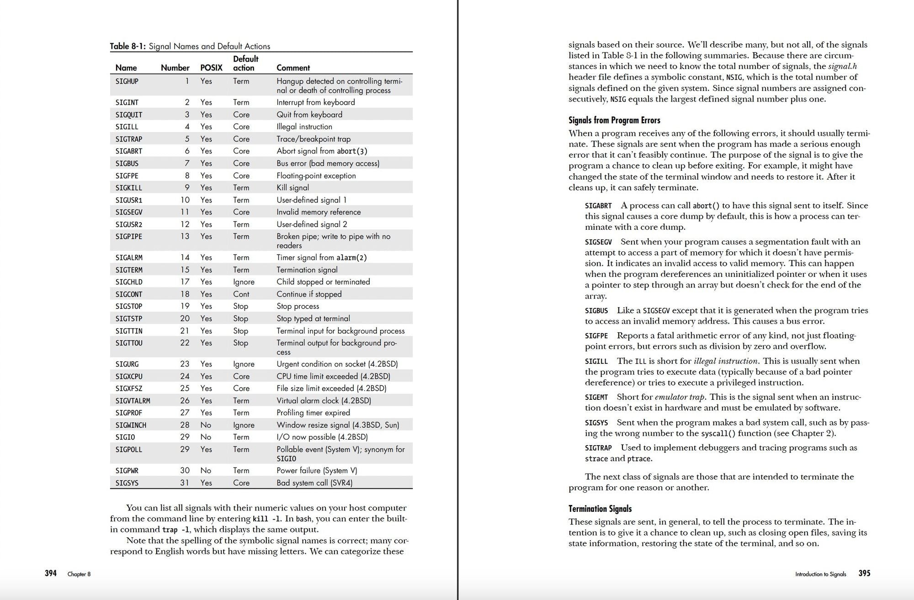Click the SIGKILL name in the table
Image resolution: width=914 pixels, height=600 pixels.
tap(128, 188)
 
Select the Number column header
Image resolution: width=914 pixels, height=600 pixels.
tap(175, 68)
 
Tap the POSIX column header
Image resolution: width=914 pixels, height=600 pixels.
tap(211, 68)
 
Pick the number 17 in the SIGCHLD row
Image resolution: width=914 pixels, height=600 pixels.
tap(185, 282)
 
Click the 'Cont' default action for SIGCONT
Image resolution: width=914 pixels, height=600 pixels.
tap(241, 294)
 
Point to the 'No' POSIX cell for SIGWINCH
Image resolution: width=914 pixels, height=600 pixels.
tap(206, 425)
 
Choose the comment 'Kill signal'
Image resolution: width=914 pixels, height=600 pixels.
tap(292, 188)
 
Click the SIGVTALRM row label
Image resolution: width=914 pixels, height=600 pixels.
tap(133, 401)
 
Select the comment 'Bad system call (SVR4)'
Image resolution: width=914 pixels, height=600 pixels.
tap(314, 483)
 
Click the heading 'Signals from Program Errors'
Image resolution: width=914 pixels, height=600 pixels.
tap(614, 120)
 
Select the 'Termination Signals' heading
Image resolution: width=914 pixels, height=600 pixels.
tap(600, 509)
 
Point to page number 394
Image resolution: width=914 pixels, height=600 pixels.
tap(51, 573)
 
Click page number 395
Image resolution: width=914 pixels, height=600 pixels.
tap(864, 573)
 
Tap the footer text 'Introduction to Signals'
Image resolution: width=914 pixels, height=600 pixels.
tap(820, 574)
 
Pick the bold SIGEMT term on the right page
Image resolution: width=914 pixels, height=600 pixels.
tap(596, 398)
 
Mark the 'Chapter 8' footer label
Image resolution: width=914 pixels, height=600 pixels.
tap(79, 574)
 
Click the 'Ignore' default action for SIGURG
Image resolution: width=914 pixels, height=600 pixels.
tap(244, 364)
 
